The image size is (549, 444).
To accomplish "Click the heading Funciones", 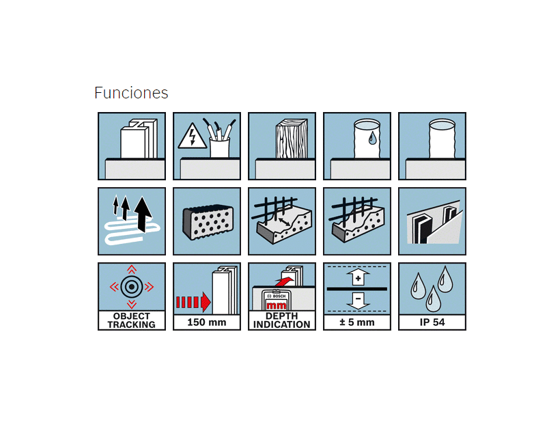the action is coord(131,93).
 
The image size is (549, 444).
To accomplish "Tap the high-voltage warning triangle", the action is coord(193,136).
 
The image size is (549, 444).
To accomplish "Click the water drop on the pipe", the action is coord(372,137).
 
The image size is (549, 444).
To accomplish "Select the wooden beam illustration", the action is coord(292,139).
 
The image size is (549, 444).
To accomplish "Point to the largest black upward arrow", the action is coord(143,214).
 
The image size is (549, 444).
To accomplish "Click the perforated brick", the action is coord(208,223).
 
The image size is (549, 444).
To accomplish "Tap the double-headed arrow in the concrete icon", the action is coord(284,222).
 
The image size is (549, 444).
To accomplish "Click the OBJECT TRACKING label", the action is coord(132,320).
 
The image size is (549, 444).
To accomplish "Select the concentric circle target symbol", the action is coord(132,287).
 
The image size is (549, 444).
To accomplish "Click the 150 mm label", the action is coord(207,322).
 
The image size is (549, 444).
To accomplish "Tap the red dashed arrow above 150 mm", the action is coord(193,302).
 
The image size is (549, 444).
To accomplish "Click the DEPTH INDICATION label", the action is coord(282,320).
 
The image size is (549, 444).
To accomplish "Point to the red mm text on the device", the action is coord(277,305).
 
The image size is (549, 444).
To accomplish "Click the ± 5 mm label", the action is coord(357,322).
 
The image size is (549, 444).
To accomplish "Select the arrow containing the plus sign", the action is coord(358,277).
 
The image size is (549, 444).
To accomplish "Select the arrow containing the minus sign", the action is coord(358,301).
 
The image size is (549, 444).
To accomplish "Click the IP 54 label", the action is coord(432,322).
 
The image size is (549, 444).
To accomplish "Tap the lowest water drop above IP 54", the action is coord(433,299).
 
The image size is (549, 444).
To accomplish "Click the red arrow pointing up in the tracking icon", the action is coord(132,269).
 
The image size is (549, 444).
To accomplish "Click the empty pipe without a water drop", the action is coord(442,139).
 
